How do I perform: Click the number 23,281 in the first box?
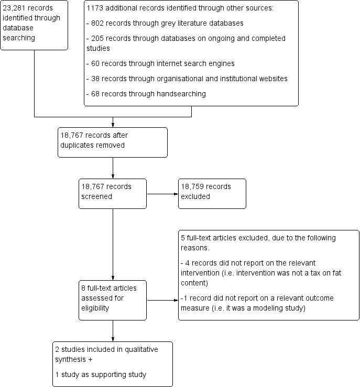[15, 8]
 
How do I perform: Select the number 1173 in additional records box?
[95, 8]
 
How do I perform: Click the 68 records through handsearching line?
[146, 94]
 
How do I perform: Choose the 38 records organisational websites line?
[187, 79]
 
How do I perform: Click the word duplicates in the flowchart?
[78, 145]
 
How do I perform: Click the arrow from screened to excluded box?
[162, 194]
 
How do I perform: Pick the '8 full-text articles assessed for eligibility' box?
[112, 300]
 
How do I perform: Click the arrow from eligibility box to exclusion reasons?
[162, 301]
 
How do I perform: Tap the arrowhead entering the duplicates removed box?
[113, 125]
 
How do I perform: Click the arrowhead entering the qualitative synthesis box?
[113, 339]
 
